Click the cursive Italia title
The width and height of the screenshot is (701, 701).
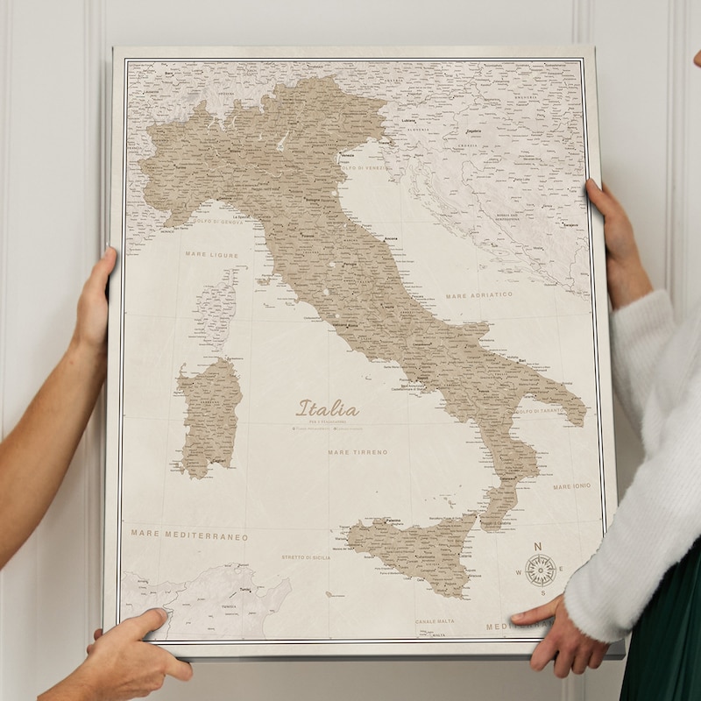tap(328, 408)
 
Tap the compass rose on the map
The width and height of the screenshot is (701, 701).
tap(540, 570)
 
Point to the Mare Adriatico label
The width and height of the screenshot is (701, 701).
tap(479, 295)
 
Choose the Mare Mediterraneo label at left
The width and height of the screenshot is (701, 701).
tap(189, 534)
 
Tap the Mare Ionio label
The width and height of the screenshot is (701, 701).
tap(571, 486)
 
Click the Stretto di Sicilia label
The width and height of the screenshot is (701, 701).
tap(306, 557)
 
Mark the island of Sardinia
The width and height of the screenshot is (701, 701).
tap(209, 417)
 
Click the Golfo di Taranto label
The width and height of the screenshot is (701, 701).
tap(540, 410)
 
